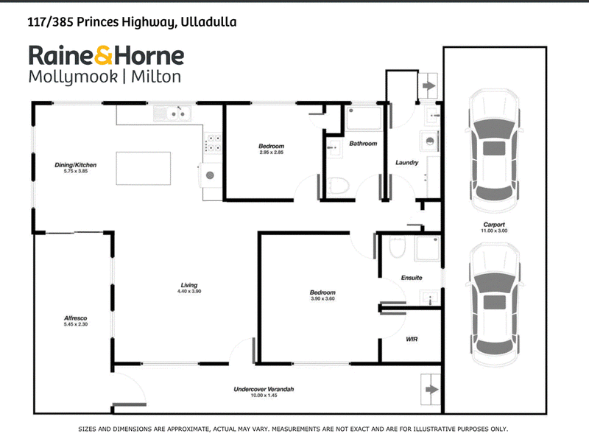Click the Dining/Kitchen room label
(x=76, y=164)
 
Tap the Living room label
(x=189, y=285)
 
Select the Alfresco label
(x=76, y=318)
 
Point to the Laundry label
(x=407, y=162)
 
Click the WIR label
(x=412, y=339)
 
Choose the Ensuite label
(x=412, y=278)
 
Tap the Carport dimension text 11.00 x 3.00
(x=494, y=231)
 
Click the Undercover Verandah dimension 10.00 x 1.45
(x=264, y=396)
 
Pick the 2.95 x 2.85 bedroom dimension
(x=271, y=152)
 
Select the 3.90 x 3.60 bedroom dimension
(x=322, y=298)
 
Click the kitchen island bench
(x=143, y=169)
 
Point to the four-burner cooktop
(x=213, y=143)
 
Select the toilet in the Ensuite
(x=397, y=247)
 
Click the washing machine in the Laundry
(x=430, y=141)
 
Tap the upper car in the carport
(x=494, y=151)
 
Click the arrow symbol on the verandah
(x=431, y=390)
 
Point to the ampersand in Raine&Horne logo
(x=103, y=56)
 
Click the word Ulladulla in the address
(x=208, y=22)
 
